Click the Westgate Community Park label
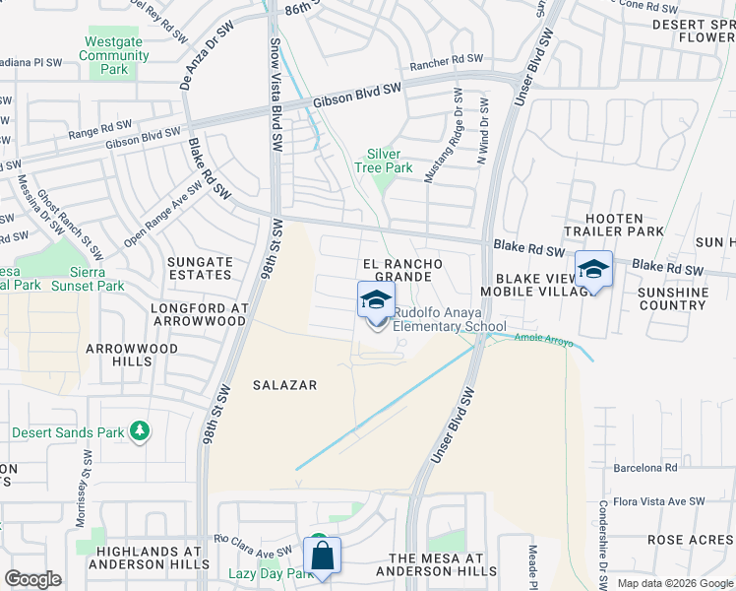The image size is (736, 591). click(114, 56)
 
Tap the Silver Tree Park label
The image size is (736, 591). click(384, 161)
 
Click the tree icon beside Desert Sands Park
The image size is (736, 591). click(140, 431)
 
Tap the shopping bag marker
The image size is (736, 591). click(322, 557)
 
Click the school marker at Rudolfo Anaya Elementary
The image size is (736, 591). click(376, 301)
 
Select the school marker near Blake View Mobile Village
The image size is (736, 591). click(594, 270)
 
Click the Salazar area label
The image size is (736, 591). click(284, 385)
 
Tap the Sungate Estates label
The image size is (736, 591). click(200, 269)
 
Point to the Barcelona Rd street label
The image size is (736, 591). click(645, 468)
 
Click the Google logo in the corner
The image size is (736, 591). click(33, 579)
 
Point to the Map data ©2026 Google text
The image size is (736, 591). click(674, 583)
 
